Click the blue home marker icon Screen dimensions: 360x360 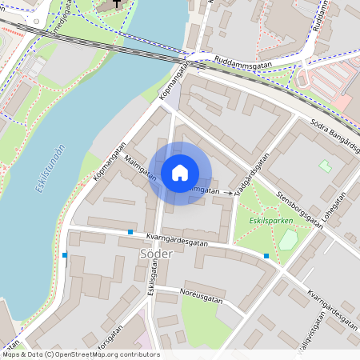[x=180, y=173]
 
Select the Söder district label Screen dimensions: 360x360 [x=134, y=254]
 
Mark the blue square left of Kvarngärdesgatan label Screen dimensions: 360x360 [x=130, y=232]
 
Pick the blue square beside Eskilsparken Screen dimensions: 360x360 [x=266, y=256]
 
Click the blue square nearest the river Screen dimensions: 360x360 [x=65, y=255]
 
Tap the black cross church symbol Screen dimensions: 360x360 [x=118, y=3]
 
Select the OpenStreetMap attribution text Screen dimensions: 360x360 [x=80, y=354]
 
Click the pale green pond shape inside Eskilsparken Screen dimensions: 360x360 [x=288, y=239]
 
